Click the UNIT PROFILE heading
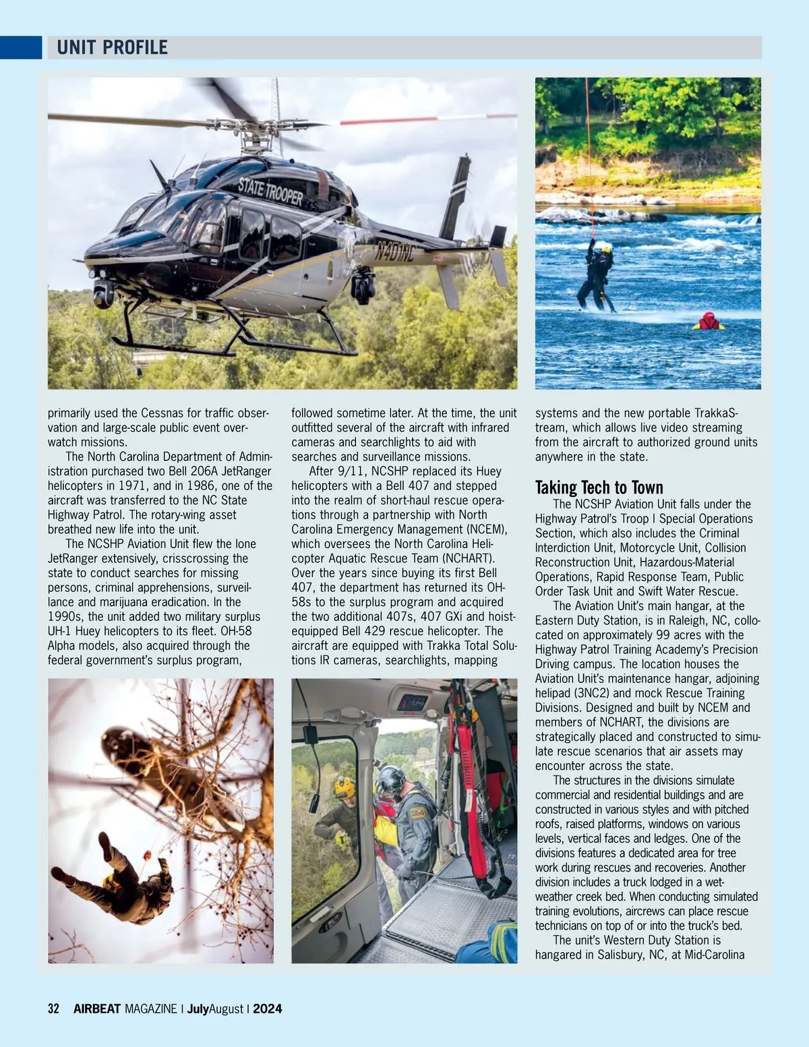[x=112, y=48]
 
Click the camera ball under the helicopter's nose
[x=103, y=293]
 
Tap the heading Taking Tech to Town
[x=599, y=487]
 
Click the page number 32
[x=53, y=1009]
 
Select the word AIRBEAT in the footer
[x=97, y=1009]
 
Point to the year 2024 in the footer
[x=268, y=1009]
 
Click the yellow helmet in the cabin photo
[x=344, y=787]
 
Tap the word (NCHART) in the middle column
[x=468, y=558]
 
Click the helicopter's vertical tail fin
[x=456, y=196]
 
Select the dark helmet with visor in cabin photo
[x=390, y=781]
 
